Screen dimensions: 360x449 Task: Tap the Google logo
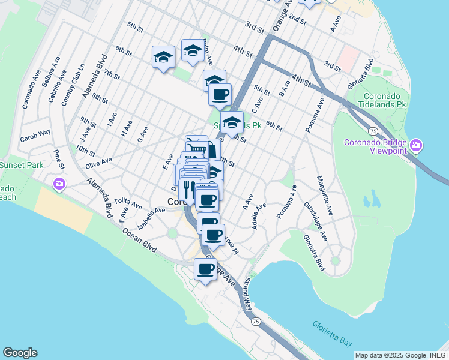click(20, 353)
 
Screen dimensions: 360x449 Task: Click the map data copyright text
click(401, 355)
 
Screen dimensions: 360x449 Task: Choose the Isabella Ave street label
click(151, 218)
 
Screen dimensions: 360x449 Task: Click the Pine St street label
click(59, 161)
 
